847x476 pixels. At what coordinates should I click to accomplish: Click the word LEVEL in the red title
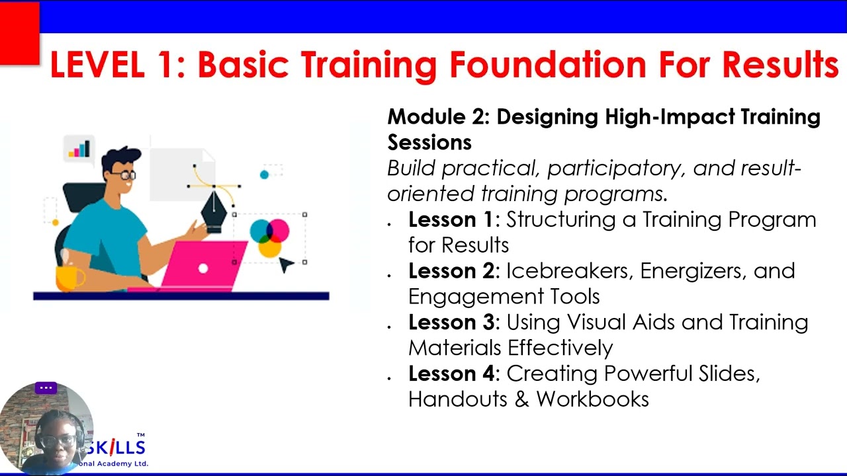click(x=97, y=65)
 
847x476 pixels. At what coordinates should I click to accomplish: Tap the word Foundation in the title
click(x=548, y=65)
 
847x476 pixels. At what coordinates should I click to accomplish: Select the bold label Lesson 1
click(x=451, y=219)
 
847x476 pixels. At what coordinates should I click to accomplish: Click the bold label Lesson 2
click(x=451, y=271)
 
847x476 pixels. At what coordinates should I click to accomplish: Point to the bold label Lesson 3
click(x=451, y=322)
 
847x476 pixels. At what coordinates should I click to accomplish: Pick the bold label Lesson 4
click(x=451, y=374)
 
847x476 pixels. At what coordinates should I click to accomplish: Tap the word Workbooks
click(x=592, y=399)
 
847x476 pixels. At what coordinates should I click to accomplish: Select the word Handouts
click(x=457, y=399)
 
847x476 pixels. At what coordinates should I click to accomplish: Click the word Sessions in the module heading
click(x=429, y=142)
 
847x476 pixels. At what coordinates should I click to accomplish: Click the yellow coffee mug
click(x=70, y=279)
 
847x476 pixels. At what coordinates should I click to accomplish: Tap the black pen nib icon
click(x=214, y=212)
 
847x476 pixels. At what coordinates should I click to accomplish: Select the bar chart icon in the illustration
click(x=79, y=149)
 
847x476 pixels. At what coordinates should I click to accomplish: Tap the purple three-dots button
click(x=46, y=388)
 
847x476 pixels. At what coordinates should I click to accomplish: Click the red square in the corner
click(x=20, y=33)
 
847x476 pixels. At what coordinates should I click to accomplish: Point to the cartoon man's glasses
click(x=123, y=175)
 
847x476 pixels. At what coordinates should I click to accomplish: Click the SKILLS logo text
click(x=114, y=448)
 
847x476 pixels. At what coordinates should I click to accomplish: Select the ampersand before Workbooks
click(x=521, y=399)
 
